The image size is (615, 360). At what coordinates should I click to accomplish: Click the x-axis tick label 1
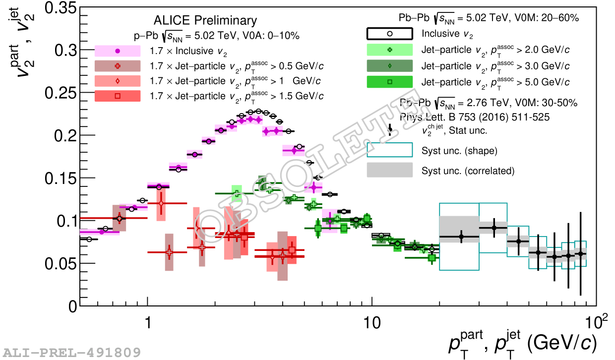coord(147,322)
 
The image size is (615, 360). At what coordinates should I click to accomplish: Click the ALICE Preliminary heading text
coord(205,20)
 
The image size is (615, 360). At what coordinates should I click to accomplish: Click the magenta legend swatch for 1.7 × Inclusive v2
coord(118,51)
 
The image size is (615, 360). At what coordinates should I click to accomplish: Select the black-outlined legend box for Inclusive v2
coord(390,34)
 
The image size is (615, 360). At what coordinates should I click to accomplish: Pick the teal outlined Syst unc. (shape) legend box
coord(390,150)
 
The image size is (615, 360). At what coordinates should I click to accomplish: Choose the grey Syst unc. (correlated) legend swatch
coord(390,171)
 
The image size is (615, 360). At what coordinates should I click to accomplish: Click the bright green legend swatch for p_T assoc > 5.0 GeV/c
coord(390,82)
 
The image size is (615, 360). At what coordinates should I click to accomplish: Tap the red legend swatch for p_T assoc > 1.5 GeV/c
coord(118,96)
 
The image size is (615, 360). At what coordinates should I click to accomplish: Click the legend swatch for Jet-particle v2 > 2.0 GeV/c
coord(390,50)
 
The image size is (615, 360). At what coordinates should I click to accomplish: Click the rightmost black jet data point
coord(580,254)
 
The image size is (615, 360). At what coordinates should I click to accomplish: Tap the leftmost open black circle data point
coord(89,239)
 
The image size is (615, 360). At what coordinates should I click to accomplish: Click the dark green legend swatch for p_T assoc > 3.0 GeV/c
coord(390,66)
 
